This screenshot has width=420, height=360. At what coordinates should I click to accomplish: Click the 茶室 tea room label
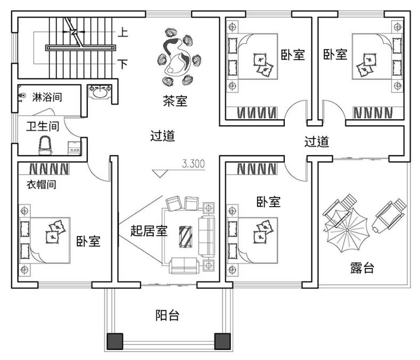175,101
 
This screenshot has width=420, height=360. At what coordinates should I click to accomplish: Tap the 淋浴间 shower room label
48,97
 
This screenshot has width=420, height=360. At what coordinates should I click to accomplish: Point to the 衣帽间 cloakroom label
42,185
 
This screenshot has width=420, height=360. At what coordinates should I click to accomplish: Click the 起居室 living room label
149,231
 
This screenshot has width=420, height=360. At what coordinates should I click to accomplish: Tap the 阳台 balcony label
167,315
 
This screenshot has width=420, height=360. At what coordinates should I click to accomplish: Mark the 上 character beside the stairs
122,33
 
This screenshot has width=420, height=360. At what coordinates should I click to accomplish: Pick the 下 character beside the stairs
122,64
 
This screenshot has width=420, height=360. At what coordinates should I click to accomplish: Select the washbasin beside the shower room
99,93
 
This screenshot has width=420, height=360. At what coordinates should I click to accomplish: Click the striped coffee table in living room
186,236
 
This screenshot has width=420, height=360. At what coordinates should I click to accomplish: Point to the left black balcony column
116,341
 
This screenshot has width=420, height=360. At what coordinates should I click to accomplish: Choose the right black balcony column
221,341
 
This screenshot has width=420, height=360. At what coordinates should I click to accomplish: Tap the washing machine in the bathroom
74,149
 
